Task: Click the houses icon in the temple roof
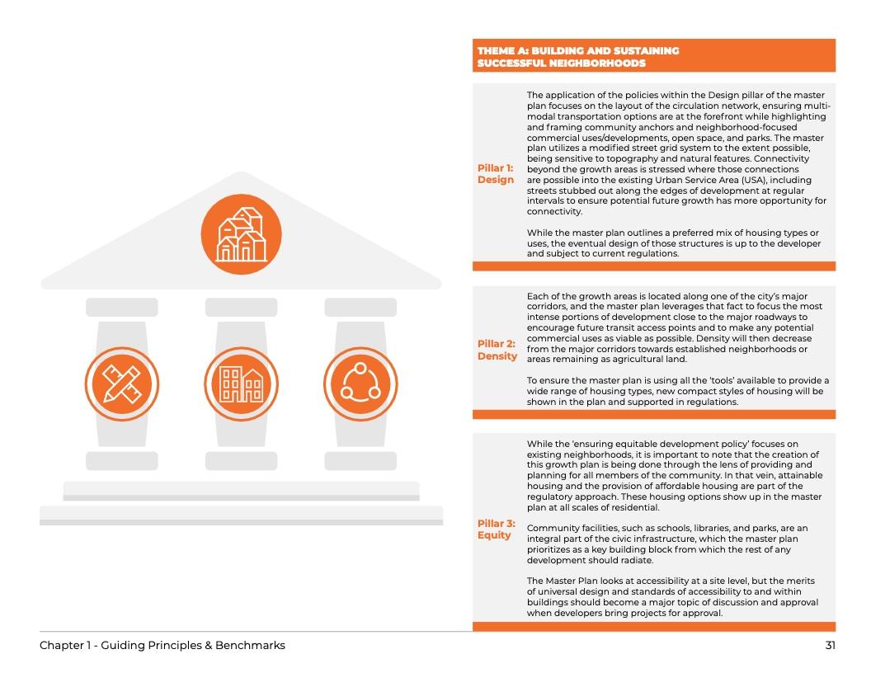point(241,233)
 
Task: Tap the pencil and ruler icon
point(121,383)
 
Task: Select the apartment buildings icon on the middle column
point(241,383)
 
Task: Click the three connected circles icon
point(360,383)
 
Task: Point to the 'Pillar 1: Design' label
point(496,174)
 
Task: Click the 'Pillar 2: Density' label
point(497,350)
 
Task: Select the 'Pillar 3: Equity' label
point(496,529)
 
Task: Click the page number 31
point(830,645)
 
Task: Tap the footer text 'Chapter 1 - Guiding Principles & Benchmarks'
point(162,645)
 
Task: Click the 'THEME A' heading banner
point(653,56)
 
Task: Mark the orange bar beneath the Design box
point(653,266)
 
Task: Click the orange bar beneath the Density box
point(653,414)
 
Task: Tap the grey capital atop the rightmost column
point(360,307)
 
